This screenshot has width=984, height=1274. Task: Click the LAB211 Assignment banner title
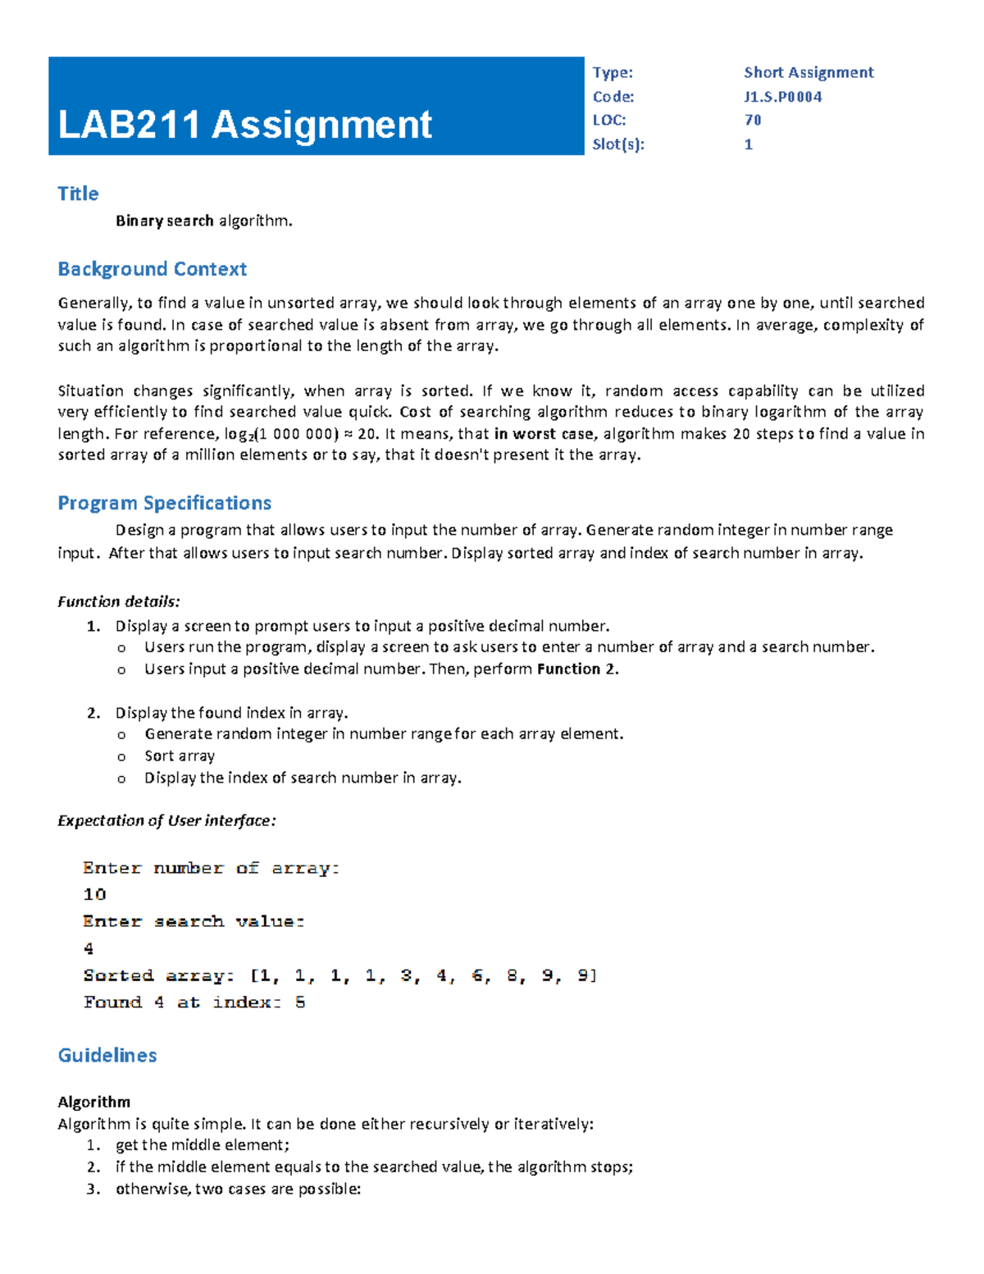244,126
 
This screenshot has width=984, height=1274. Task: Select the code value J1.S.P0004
782,97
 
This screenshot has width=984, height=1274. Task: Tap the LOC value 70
753,121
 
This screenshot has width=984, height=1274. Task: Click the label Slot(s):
618,145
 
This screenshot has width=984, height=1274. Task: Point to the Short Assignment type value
808,73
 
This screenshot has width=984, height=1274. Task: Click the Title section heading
78,194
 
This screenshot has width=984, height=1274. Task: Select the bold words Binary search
164,221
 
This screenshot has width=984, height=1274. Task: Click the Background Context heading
152,269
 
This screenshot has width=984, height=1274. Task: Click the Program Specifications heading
164,503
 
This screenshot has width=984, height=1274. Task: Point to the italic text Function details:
118,601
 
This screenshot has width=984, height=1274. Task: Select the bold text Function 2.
577,669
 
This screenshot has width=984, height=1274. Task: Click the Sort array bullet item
180,756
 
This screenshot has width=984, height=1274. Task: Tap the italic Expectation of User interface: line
166,821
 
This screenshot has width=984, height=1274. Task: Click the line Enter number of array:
211,868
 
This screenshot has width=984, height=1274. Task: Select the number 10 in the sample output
94,895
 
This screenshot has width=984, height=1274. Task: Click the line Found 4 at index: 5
194,1002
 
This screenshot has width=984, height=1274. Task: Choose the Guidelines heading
107,1056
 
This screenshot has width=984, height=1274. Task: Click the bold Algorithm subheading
93,1102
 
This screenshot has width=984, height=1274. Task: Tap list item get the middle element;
203,1145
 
